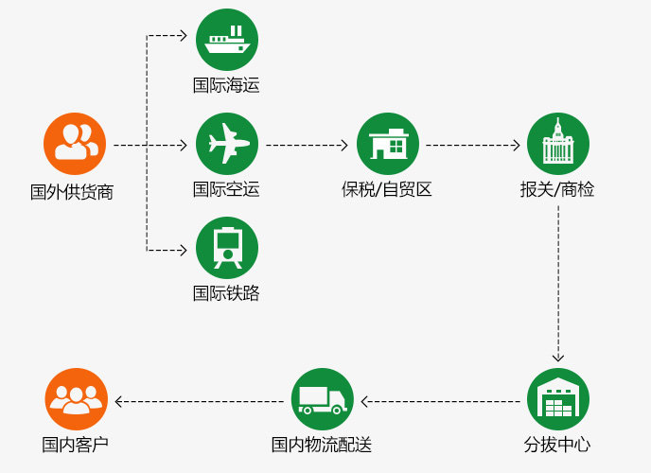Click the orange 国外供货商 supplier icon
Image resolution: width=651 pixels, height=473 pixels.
click(x=75, y=144)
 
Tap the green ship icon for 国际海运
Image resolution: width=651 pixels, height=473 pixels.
click(x=227, y=40)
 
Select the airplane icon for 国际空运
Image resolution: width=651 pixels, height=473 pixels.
click(x=227, y=144)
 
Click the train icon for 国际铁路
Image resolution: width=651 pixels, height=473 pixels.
click(x=227, y=248)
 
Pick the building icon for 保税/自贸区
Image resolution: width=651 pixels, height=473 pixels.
click(x=388, y=144)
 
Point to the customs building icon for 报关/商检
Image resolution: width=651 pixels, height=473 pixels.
click(x=558, y=144)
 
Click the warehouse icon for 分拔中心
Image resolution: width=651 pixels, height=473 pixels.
click(x=558, y=399)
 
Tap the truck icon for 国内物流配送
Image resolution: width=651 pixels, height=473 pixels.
click(x=323, y=399)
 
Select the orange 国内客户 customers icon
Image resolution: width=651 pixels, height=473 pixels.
click(x=76, y=399)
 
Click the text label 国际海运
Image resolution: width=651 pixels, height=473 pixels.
click(x=226, y=85)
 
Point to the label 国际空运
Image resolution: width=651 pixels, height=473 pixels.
click(x=226, y=189)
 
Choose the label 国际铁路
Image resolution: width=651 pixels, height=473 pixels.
click(x=226, y=293)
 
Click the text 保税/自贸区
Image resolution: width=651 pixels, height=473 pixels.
click(x=386, y=189)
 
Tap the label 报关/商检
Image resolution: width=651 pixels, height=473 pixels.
click(x=557, y=189)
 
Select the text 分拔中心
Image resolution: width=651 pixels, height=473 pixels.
click(x=557, y=445)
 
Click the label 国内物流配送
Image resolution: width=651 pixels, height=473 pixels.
click(x=322, y=445)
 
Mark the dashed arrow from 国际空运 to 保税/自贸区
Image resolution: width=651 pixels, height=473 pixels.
click(x=307, y=146)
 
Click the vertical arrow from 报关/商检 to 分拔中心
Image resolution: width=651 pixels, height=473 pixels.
click(x=558, y=284)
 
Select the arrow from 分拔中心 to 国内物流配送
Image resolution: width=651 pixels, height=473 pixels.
click(x=441, y=402)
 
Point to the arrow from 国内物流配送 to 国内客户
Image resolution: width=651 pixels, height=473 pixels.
click(x=200, y=402)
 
